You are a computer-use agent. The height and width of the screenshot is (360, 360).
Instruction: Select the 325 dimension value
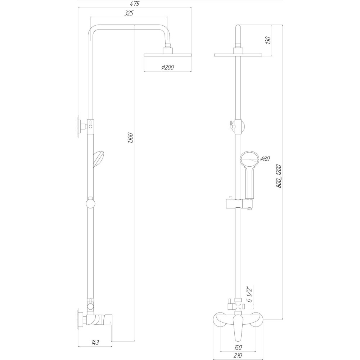pyautogui.click(x=129, y=13)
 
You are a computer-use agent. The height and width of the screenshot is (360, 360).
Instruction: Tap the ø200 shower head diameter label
pyautogui.click(x=167, y=67)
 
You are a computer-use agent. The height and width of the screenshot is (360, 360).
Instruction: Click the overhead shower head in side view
pyautogui.click(x=167, y=55)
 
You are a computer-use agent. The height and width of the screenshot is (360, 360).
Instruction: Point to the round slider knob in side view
pyautogui.click(x=90, y=204)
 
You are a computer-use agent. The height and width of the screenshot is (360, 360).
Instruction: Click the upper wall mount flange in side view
pyautogui.click(x=78, y=126)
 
